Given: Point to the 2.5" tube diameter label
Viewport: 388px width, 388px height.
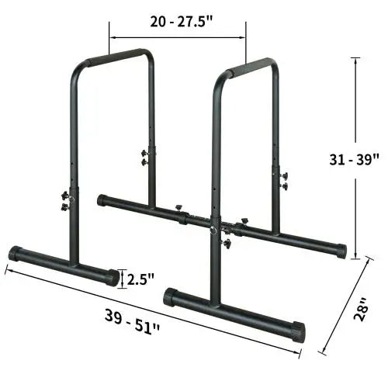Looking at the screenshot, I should [x=141, y=278].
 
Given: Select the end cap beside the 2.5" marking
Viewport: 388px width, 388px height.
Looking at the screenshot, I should [x=113, y=277].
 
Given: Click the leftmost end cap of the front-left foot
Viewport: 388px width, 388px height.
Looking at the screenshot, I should [x=14, y=253].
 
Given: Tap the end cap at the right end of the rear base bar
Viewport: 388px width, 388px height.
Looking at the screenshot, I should [x=340, y=251].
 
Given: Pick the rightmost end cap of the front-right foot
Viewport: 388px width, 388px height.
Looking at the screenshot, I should [x=297, y=333].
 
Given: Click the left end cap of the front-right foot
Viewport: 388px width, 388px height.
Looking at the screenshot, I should [x=170, y=297].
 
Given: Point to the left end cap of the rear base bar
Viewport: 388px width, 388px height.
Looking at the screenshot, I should [x=102, y=200].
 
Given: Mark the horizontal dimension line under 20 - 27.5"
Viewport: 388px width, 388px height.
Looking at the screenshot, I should [x=178, y=36].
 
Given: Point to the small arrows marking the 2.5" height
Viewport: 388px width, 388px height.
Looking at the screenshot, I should [x=123, y=277].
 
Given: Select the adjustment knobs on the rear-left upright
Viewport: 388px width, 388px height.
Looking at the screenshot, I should [x=144, y=158].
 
